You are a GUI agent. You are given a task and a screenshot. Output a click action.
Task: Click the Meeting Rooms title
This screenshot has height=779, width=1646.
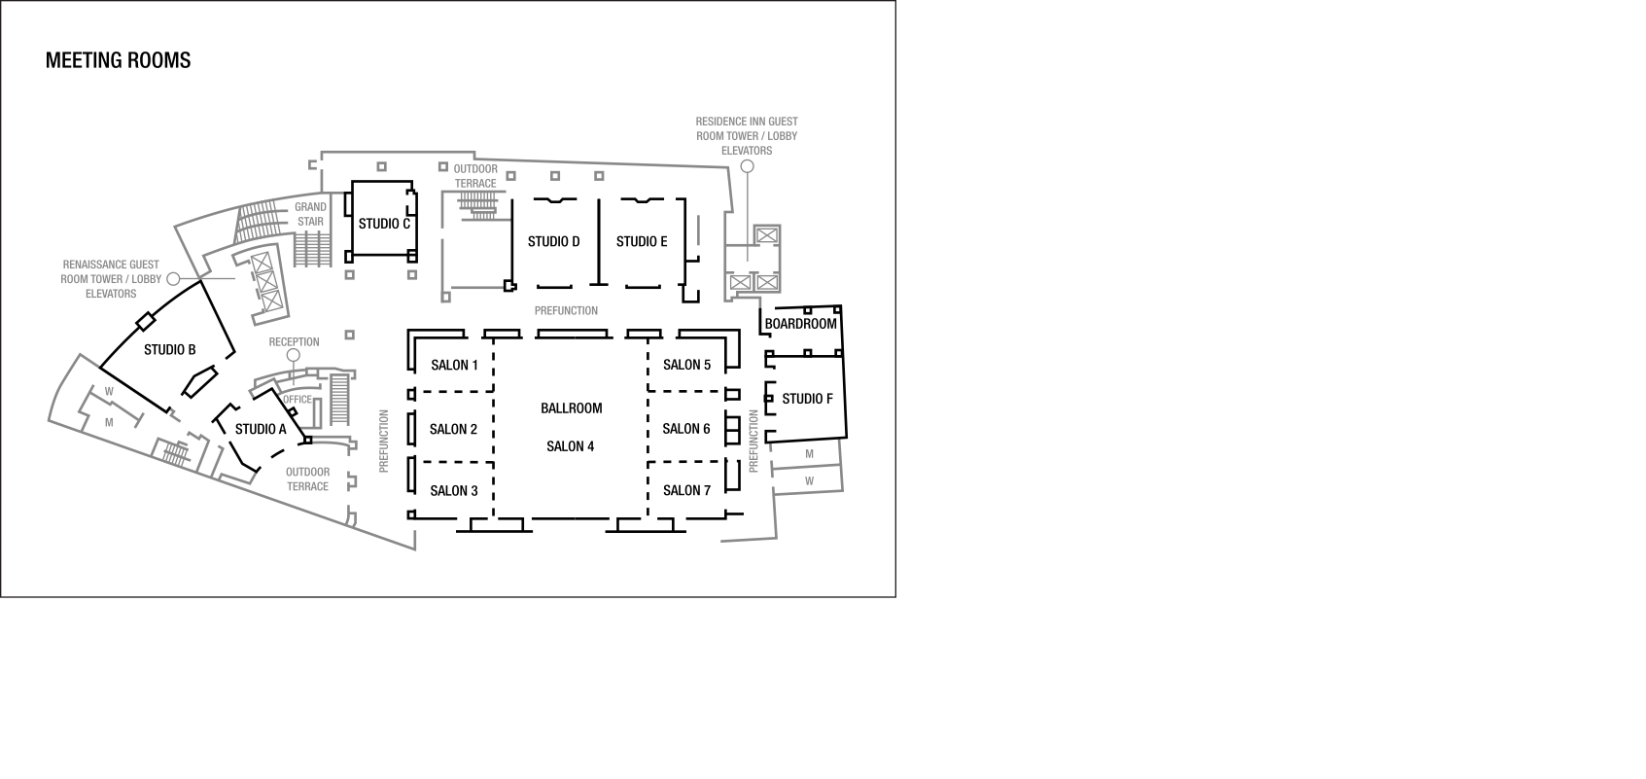click(x=118, y=60)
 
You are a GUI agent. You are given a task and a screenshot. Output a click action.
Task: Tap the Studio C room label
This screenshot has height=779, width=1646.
click(x=384, y=224)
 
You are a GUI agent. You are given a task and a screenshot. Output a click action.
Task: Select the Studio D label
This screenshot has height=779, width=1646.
click(x=554, y=241)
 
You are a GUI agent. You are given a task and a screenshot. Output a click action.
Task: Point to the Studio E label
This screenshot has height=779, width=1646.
click(x=642, y=241)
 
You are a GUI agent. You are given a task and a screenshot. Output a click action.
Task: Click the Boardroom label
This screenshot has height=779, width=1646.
click(x=801, y=323)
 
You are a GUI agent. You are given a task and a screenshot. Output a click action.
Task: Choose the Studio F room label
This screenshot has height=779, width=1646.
click(x=808, y=399)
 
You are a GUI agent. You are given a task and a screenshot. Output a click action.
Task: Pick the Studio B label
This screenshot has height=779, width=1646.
click(x=170, y=349)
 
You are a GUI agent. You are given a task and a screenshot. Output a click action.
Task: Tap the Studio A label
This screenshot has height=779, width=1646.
click(x=261, y=429)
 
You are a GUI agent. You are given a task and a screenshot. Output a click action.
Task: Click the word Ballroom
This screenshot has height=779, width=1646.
click(x=572, y=407)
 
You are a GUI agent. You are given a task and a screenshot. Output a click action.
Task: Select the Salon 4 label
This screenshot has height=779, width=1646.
click(x=571, y=446)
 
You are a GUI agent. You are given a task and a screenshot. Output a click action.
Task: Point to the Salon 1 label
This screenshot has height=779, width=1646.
click(x=454, y=365)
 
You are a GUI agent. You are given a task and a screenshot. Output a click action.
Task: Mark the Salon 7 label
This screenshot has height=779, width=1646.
click(x=687, y=490)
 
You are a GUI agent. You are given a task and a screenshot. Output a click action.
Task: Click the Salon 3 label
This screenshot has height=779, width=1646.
click(x=454, y=490)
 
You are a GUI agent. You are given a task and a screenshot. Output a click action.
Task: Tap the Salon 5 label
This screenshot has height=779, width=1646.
click(x=687, y=365)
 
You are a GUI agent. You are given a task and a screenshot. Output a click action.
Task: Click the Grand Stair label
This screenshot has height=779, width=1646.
click(x=310, y=214)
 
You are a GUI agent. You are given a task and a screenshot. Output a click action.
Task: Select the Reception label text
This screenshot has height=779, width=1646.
click(x=294, y=341)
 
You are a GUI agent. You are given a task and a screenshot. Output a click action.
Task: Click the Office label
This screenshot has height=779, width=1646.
click(x=298, y=399)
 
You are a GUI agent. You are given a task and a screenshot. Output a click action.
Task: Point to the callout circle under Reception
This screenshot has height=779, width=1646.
click(x=294, y=355)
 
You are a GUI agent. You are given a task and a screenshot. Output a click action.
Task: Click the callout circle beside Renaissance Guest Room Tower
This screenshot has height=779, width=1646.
click(x=173, y=278)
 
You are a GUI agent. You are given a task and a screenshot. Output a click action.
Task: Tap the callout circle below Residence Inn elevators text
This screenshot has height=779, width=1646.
click(x=748, y=166)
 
